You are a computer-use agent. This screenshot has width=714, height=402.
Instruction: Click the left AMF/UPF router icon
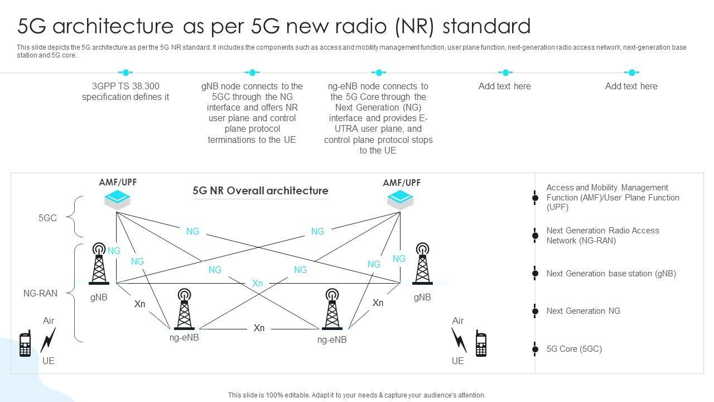[x=117, y=199]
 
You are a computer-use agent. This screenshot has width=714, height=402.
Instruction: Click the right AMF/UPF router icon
[x=401, y=199]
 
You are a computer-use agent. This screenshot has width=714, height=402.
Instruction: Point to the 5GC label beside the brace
[x=47, y=218]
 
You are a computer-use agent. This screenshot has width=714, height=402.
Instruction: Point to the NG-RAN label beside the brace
[x=40, y=293]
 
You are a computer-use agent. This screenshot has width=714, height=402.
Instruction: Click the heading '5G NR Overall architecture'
[x=260, y=190]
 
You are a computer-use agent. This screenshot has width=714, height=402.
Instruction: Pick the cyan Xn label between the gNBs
[x=257, y=283]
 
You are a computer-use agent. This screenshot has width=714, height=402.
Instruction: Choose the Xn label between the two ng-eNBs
[x=259, y=328]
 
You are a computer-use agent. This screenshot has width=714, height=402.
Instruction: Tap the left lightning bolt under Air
[x=48, y=339]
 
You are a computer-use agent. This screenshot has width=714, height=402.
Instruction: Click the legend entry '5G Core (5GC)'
[x=574, y=349]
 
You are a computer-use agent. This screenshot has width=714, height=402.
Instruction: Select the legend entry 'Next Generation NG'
[x=583, y=311]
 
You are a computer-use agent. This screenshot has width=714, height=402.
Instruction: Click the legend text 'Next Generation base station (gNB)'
[x=611, y=274]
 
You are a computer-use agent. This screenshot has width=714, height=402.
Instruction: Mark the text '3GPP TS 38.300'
[x=126, y=86]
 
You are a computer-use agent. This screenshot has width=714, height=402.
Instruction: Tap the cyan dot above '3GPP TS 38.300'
[x=126, y=73]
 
